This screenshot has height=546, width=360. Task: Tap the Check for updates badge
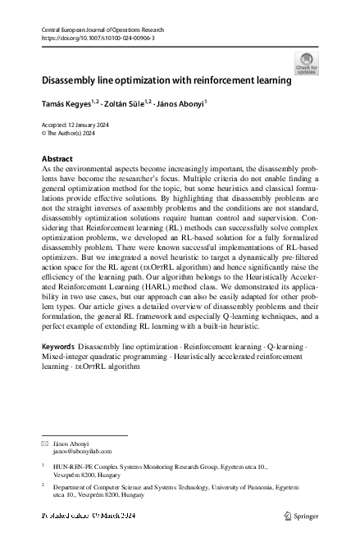[307, 63]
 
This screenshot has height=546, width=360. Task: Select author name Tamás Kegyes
[67, 103]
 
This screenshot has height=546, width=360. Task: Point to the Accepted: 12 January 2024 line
[75, 124]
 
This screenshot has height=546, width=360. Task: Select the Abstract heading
[57, 157]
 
